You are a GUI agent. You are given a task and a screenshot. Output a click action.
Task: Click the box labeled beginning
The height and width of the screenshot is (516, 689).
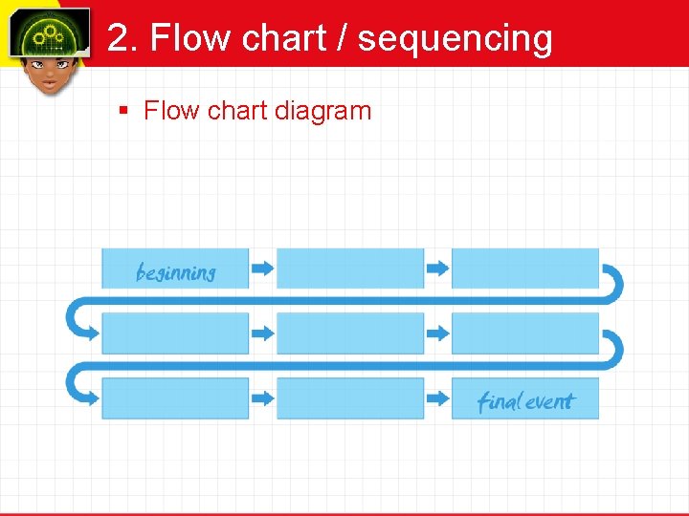click(x=175, y=269)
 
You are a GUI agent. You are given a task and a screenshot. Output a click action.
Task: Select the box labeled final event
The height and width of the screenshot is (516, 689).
click(x=524, y=398)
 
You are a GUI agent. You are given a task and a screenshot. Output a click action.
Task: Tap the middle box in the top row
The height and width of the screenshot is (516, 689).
click(x=350, y=269)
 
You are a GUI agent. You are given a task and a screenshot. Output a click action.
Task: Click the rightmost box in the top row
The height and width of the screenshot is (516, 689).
click(x=524, y=269)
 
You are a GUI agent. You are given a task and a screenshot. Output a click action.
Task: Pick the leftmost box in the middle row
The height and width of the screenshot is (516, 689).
click(x=175, y=333)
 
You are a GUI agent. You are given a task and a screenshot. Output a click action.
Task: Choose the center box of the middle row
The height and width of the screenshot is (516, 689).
click(x=350, y=333)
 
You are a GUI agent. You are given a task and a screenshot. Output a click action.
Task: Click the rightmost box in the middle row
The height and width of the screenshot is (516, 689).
click(x=524, y=333)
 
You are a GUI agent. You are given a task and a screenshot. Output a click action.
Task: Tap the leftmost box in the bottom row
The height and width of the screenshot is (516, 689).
click(x=175, y=398)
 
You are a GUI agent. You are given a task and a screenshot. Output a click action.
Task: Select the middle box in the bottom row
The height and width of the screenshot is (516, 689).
click(x=350, y=398)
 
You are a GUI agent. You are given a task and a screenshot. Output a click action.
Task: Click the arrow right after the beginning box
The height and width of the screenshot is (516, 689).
click(x=262, y=269)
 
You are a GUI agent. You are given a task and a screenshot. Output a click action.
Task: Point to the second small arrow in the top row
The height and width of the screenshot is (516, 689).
click(x=437, y=269)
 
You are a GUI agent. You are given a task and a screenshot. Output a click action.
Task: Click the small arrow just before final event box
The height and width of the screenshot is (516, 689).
click(x=437, y=398)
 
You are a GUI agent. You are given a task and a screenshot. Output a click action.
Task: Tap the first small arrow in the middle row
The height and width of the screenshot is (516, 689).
click(x=262, y=333)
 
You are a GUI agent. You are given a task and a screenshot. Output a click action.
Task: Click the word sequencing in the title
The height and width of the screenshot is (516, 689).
click(x=455, y=38)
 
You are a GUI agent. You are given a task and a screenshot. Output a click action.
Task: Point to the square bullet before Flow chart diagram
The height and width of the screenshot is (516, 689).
click(x=122, y=111)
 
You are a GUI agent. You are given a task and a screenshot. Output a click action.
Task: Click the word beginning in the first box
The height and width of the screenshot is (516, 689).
click(x=176, y=273)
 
